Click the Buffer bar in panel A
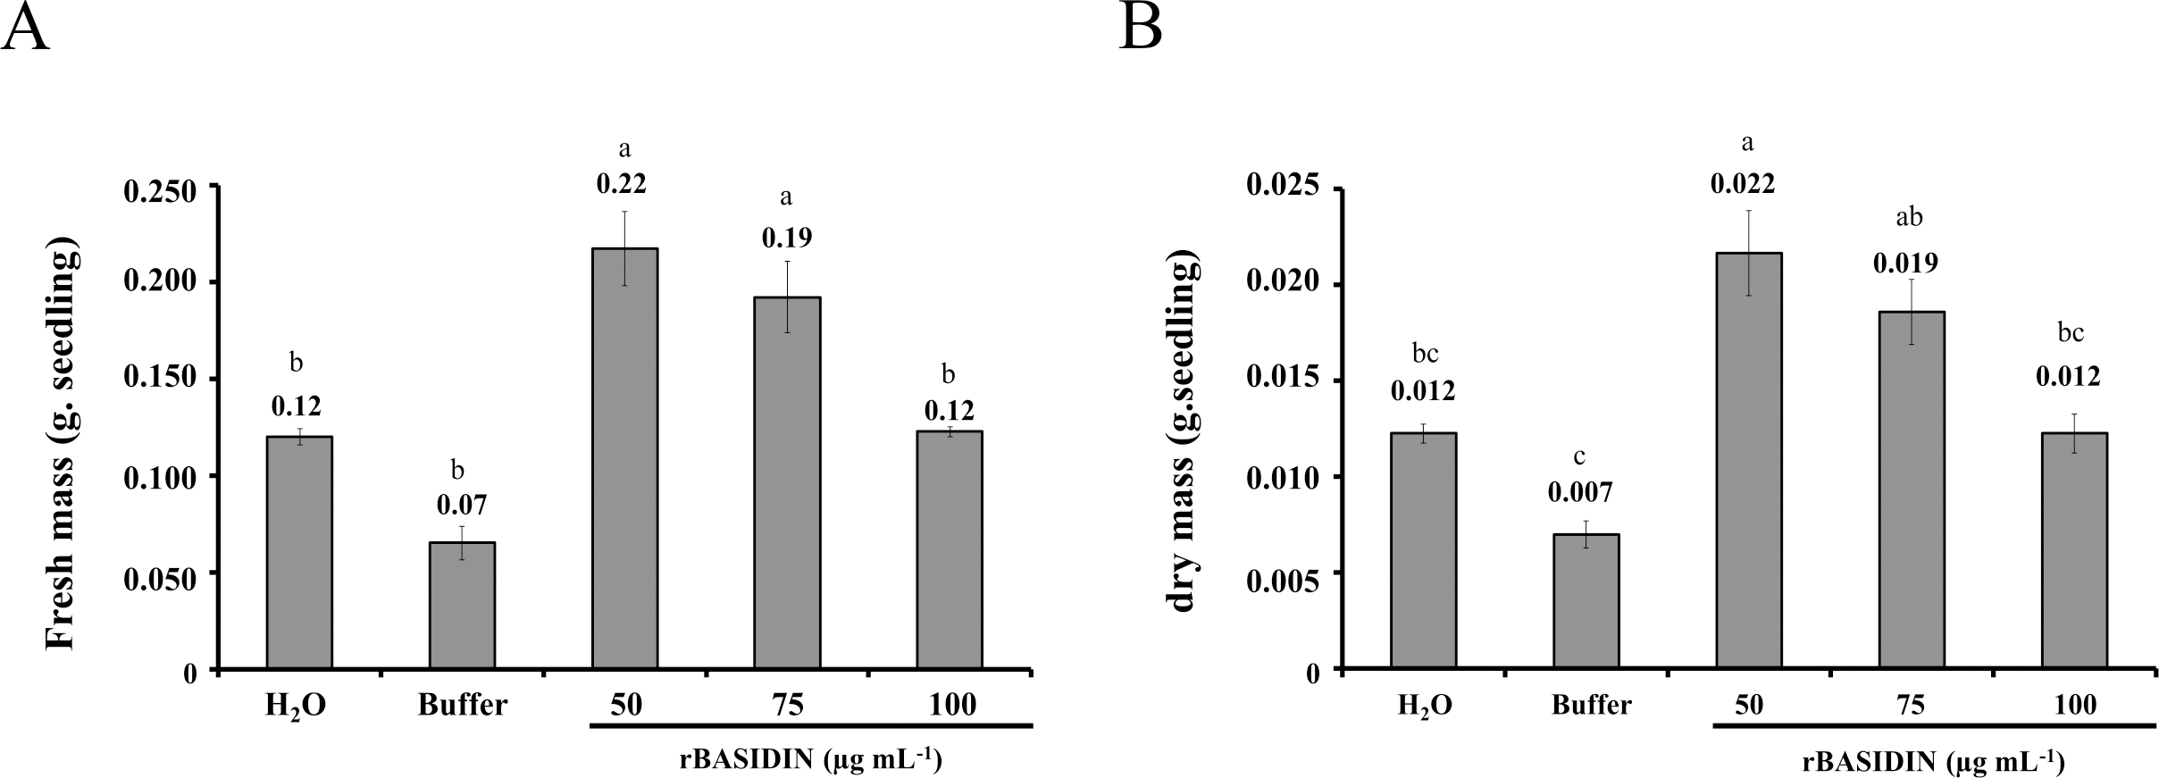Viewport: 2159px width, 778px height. (463, 605)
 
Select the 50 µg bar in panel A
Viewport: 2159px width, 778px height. (625, 457)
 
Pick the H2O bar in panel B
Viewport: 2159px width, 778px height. (1424, 550)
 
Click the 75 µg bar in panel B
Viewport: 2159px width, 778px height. (1912, 489)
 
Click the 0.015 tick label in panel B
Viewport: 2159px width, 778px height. (1282, 382)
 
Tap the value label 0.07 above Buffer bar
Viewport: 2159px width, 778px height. (462, 506)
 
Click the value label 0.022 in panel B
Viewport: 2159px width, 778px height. (1743, 184)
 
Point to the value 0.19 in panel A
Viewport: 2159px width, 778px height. (786, 238)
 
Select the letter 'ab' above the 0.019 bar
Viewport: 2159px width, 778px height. (1910, 217)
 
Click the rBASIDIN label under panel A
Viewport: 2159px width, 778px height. (809, 760)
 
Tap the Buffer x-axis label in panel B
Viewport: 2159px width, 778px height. (1592, 705)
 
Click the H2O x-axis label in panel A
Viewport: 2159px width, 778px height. (295, 706)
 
